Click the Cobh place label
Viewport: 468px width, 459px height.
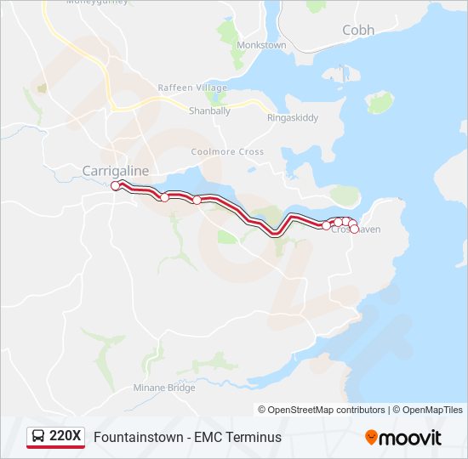click(x=357, y=30)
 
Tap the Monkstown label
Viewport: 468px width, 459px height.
click(x=261, y=44)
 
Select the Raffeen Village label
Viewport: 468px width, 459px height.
click(x=192, y=88)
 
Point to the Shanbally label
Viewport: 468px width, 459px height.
click(x=209, y=110)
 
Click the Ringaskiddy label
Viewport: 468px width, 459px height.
click(x=292, y=118)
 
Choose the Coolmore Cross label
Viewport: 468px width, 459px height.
click(x=227, y=151)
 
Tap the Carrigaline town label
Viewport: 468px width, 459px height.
click(x=115, y=171)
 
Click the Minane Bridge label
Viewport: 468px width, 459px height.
click(x=164, y=388)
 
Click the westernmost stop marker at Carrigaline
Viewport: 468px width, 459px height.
click(x=115, y=184)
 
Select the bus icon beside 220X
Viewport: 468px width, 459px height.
click(x=38, y=437)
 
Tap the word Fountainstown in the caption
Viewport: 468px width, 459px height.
click(x=139, y=438)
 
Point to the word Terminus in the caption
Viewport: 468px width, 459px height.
click(x=252, y=438)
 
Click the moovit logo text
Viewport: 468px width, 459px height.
click(x=411, y=438)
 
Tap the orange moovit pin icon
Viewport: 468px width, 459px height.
click(x=371, y=438)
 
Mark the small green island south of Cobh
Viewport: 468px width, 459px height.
click(x=381, y=102)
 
